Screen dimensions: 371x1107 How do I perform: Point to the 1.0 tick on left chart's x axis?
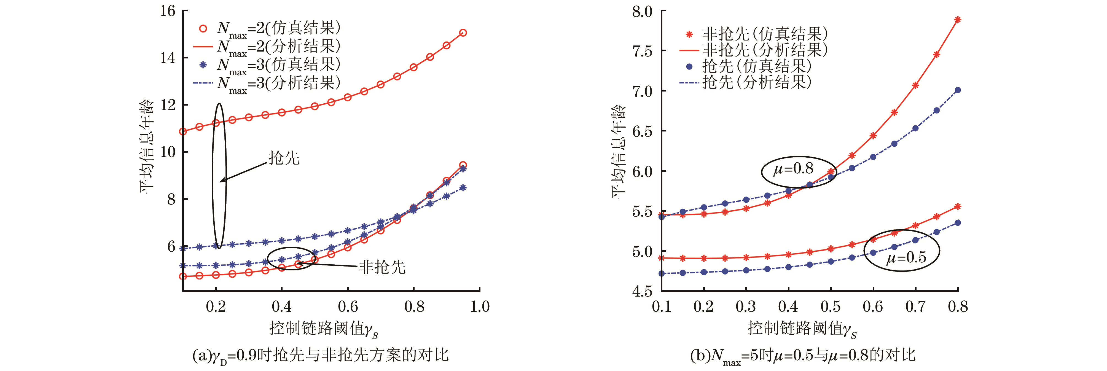(x=480, y=307)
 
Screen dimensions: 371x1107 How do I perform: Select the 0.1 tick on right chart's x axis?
(x=661, y=307)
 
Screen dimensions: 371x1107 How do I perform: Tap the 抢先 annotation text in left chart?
(x=284, y=158)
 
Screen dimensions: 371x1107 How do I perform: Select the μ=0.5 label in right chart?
(x=906, y=257)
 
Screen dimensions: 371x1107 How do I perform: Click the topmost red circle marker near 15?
(x=463, y=33)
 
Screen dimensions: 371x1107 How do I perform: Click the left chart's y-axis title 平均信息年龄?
(x=147, y=146)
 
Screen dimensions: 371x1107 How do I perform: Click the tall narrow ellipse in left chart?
(x=219, y=176)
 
